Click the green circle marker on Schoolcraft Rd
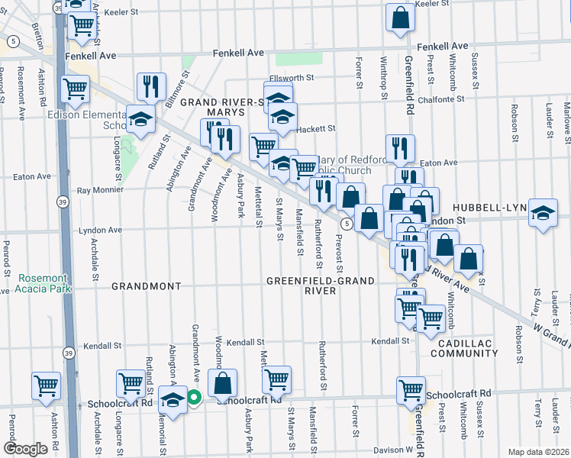pos(194,396)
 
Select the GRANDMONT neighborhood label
pos(147,286)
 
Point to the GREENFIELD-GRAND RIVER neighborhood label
pos(321,285)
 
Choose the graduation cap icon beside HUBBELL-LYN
pos(543,212)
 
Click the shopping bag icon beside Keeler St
pos(399,18)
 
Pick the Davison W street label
pos(392,449)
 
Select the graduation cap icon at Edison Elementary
pos(141,118)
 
